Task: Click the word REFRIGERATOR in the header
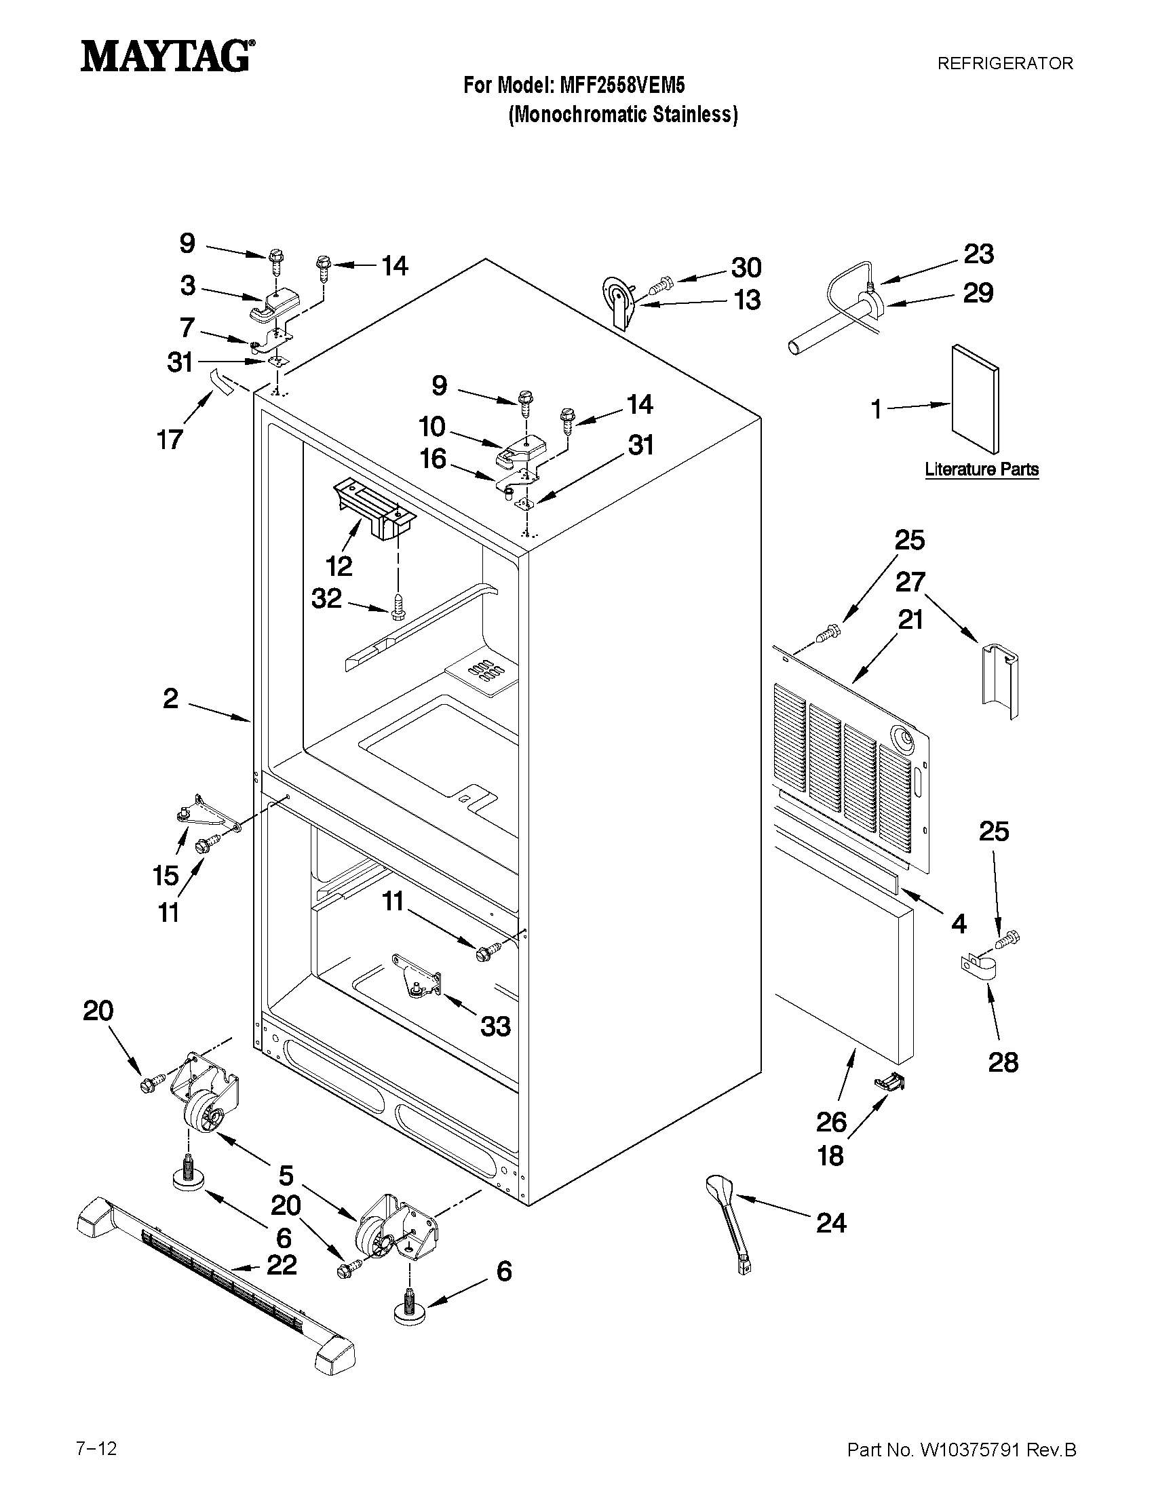click(1004, 64)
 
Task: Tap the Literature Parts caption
click(981, 469)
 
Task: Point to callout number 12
click(339, 565)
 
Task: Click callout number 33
click(495, 1026)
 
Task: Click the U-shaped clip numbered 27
click(999, 680)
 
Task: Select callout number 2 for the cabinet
click(170, 699)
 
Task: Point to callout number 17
click(170, 439)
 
